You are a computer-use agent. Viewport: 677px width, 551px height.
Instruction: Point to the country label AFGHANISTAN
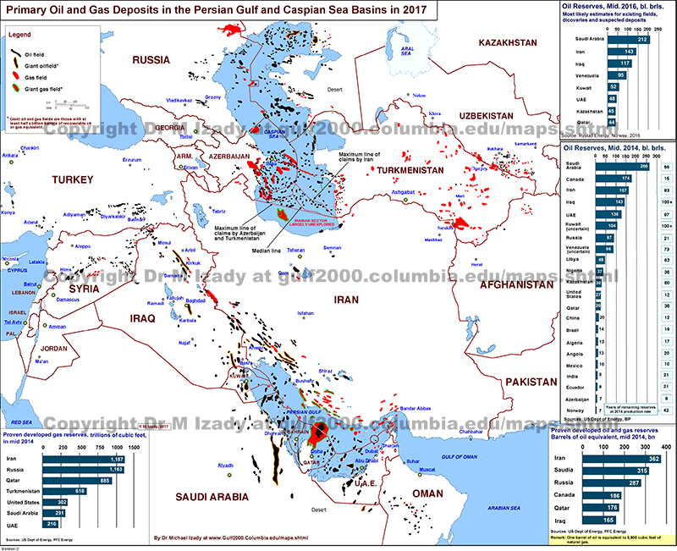[x=530, y=286]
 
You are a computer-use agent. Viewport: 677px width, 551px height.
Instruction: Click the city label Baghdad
[x=195, y=300]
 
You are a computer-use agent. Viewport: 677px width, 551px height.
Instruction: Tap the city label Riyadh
[x=225, y=466]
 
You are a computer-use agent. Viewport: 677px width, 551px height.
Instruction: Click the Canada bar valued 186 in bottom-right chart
[x=603, y=494]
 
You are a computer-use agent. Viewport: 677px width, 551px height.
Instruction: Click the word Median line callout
[x=266, y=251]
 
